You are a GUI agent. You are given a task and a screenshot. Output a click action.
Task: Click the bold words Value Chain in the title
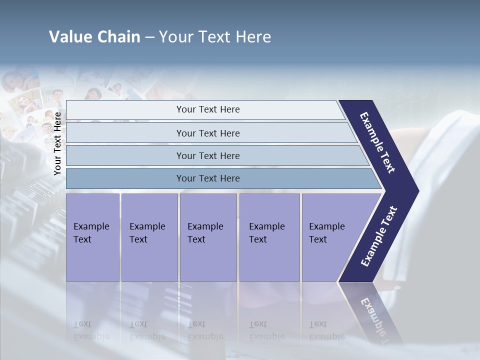pyautogui.click(x=94, y=37)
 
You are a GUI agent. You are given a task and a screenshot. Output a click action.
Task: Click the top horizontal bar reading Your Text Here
pyautogui.click(x=207, y=109)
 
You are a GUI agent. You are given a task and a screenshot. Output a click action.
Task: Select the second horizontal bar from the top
pyautogui.click(x=207, y=133)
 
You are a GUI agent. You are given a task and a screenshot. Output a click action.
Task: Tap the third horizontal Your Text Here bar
pyautogui.click(x=207, y=155)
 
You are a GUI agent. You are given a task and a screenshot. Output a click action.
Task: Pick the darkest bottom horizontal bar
pyautogui.click(x=207, y=178)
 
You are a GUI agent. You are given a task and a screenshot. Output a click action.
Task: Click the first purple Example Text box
pyautogui.click(x=92, y=237)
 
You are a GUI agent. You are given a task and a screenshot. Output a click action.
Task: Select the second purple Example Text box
pyautogui.click(x=149, y=237)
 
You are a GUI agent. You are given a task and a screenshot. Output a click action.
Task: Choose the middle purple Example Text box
pyautogui.click(x=207, y=237)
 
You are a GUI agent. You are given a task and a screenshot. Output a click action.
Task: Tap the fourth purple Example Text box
pyautogui.click(x=269, y=237)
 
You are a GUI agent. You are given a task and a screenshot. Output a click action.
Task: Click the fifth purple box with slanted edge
pyautogui.click(x=330, y=237)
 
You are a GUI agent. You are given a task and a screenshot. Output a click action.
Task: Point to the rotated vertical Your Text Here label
pyautogui.click(x=57, y=143)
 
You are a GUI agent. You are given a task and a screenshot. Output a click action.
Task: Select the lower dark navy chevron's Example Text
pyautogui.click(x=379, y=236)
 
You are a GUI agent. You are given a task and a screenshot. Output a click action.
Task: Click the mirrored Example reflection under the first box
pyautogui.click(x=91, y=336)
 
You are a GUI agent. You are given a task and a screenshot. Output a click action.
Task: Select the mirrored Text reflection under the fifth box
pyautogui.click(x=318, y=324)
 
